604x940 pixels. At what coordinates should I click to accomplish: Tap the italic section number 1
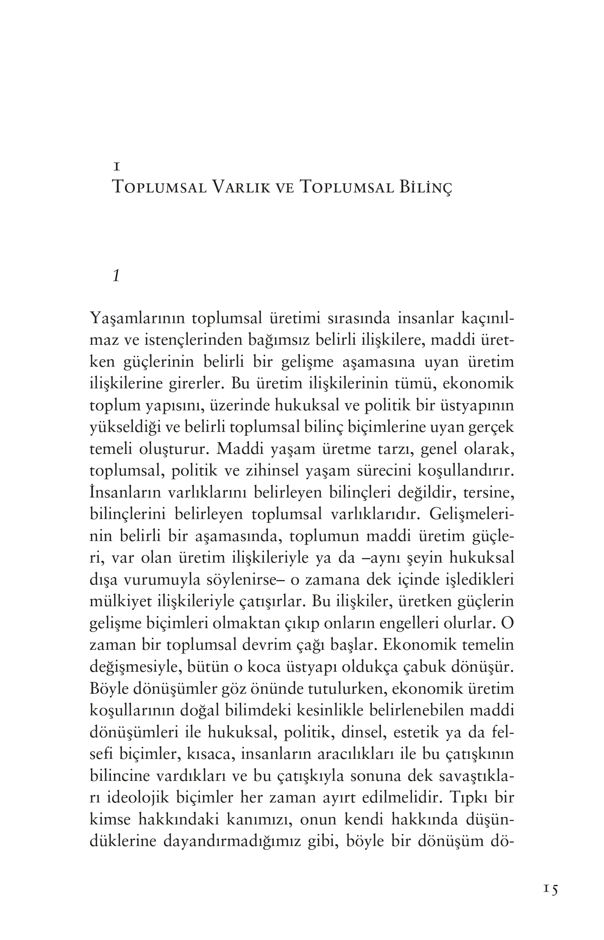[116, 276]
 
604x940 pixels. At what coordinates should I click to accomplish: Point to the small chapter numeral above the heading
[116, 167]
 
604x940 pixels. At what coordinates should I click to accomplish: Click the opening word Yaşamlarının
[137, 318]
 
